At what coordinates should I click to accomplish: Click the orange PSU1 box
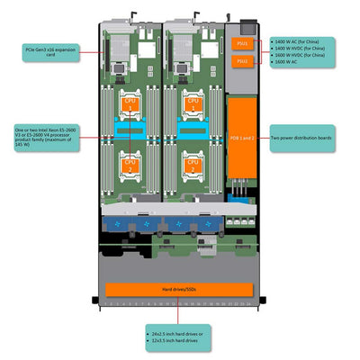click(240, 43)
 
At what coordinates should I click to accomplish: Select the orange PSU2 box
click(240, 61)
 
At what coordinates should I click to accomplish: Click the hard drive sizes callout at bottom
click(177, 337)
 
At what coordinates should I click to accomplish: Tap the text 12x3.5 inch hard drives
click(175, 341)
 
